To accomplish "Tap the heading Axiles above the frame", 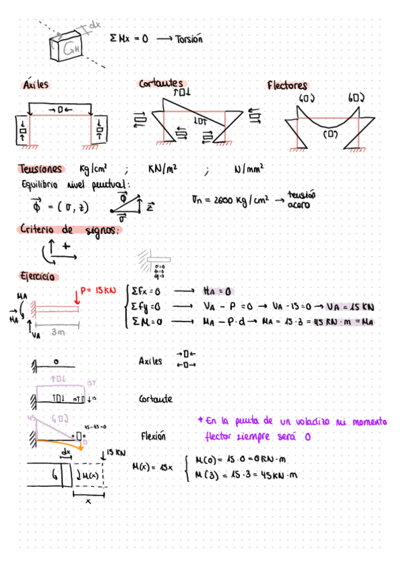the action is point(36,86).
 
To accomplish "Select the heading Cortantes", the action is point(161,84).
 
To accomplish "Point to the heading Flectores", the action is point(287,86).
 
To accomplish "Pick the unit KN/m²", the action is point(162,170).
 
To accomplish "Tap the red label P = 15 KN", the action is point(98,291).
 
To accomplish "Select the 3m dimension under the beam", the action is point(57,331).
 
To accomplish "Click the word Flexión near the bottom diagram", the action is point(154,436).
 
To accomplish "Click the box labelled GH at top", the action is point(71,47).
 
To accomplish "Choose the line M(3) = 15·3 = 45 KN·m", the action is point(245,475).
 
